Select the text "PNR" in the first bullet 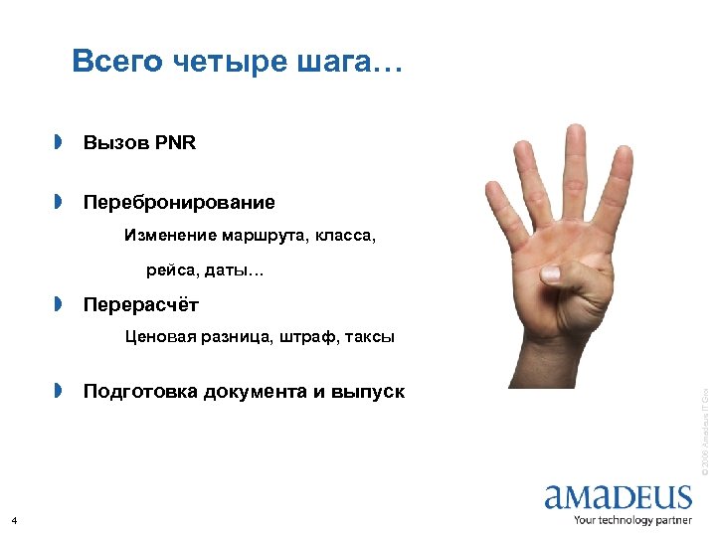(x=176, y=143)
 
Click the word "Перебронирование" (x=179, y=203)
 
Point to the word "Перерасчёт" (x=141, y=303)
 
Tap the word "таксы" (x=369, y=337)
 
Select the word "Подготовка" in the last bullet (x=140, y=391)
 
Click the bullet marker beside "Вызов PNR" (x=59, y=143)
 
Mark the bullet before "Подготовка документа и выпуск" (x=59, y=391)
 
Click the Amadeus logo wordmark (x=618, y=496)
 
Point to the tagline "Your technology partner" (x=632, y=519)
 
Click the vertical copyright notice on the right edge (x=703, y=428)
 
